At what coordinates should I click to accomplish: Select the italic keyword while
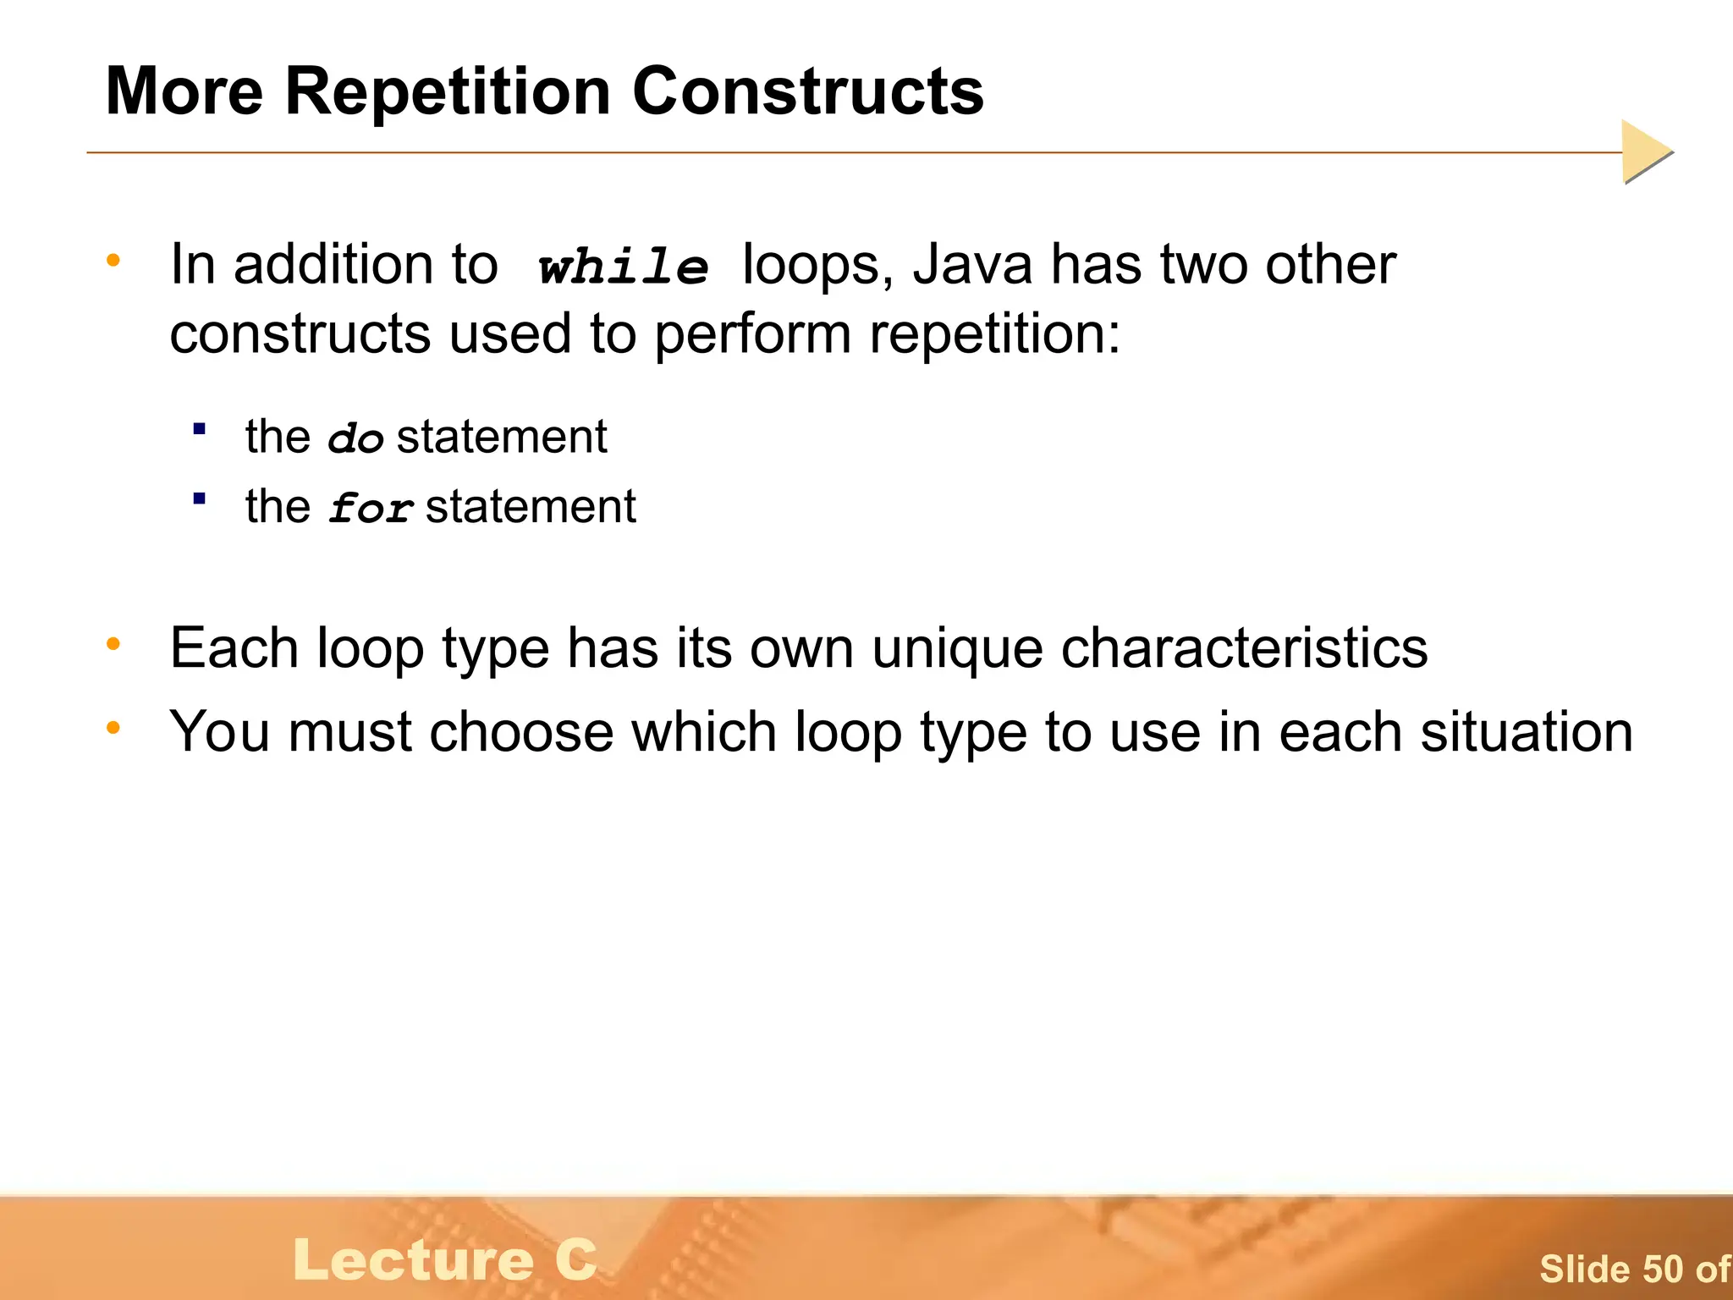click(624, 267)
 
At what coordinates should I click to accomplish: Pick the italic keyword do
click(355, 439)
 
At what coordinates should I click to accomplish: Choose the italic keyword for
click(371, 509)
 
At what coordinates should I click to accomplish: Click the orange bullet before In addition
click(113, 260)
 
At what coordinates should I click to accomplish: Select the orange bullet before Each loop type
click(113, 645)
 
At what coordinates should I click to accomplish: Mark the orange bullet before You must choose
click(113, 727)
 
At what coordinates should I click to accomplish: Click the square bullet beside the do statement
click(200, 429)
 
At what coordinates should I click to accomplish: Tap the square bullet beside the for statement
click(200, 499)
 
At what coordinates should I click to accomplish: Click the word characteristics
click(1244, 649)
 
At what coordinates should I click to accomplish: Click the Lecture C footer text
click(445, 1260)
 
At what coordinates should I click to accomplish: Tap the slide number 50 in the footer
click(1664, 1270)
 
